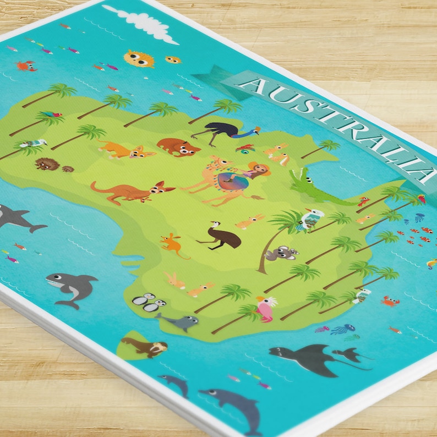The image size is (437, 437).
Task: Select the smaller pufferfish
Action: (x=173, y=59)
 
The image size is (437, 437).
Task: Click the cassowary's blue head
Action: (x=254, y=131)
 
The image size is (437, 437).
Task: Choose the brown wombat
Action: (x=178, y=147)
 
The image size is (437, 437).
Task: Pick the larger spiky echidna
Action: (x=44, y=164)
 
